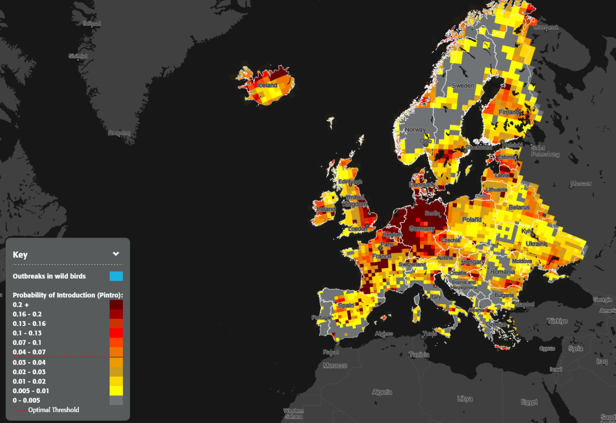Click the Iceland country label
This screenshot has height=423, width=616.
[x=267, y=85]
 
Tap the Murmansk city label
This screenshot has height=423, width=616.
[x=546, y=27]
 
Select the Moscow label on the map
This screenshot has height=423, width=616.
[x=581, y=183]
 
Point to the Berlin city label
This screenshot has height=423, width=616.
[x=432, y=213]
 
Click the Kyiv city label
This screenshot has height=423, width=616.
[x=527, y=231]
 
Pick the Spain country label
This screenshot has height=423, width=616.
[x=345, y=305]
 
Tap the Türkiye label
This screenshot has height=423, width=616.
[x=557, y=321]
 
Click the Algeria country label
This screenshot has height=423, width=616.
[x=382, y=392]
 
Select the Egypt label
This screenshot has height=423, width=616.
[x=529, y=402]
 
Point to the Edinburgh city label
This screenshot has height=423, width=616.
[x=350, y=181]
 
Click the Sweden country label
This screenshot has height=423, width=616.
[x=463, y=86]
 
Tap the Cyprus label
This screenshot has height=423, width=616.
[x=547, y=348]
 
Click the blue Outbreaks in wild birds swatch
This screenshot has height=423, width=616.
[x=116, y=276]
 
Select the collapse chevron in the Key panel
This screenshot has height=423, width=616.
[x=116, y=254]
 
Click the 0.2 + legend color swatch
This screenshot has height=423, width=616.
[x=116, y=304]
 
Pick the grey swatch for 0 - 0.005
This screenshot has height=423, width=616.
[x=116, y=400]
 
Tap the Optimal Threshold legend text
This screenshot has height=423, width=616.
[x=54, y=410]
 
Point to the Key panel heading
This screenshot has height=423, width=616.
[x=20, y=255]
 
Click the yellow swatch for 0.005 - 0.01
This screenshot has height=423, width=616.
[x=116, y=390]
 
